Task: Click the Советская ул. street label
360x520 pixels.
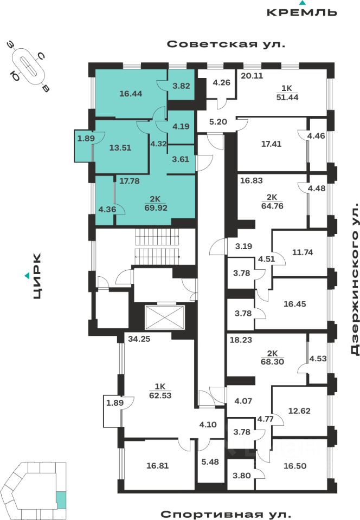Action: point(226,44)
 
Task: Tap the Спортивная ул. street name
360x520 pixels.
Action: point(226,513)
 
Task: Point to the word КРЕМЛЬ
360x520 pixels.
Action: point(303,12)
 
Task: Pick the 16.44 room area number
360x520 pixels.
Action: point(131,93)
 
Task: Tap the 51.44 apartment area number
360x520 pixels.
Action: point(287,97)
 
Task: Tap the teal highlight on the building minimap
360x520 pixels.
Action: point(61,499)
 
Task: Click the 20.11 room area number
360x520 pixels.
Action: point(252,76)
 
